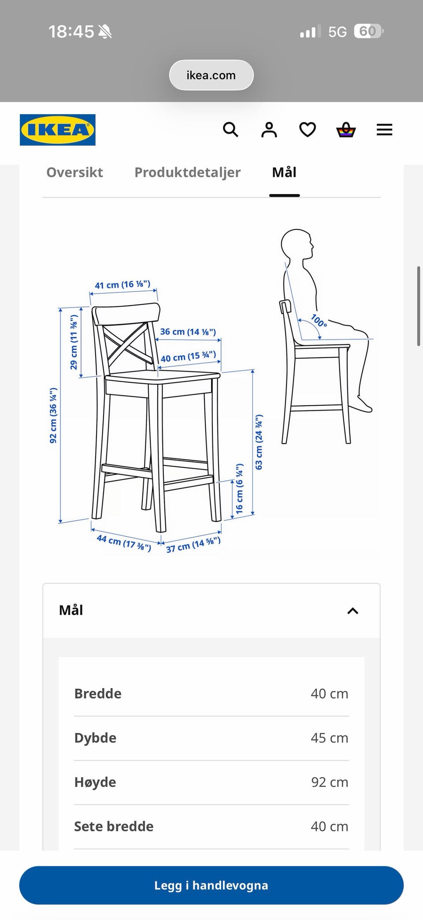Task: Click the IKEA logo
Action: [x=58, y=130]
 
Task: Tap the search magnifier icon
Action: [x=230, y=130]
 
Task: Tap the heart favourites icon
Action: [x=308, y=130]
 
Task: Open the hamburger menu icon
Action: [x=384, y=130]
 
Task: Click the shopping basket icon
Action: [x=346, y=130]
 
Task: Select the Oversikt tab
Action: [x=75, y=172]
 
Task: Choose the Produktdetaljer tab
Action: [x=188, y=172]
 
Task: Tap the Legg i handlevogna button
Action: [x=211, y=885]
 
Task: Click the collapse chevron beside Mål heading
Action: [x=353, y=611]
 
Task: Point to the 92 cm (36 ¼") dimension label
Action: [x=53, y=415]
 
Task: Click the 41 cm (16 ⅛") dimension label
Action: [x=122, y=284]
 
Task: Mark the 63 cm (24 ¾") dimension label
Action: [x=259, y=442]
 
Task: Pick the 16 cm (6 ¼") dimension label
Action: [x=239, y=488]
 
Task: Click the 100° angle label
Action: [x=319, y=320]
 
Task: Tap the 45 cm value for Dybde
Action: [x=330, y=738]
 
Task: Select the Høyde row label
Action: [x=95, y=782]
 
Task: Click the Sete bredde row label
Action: [x=114, y=826]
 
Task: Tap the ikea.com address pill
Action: [x=211, y=75]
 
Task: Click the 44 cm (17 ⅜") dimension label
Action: [x=124, y=543]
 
